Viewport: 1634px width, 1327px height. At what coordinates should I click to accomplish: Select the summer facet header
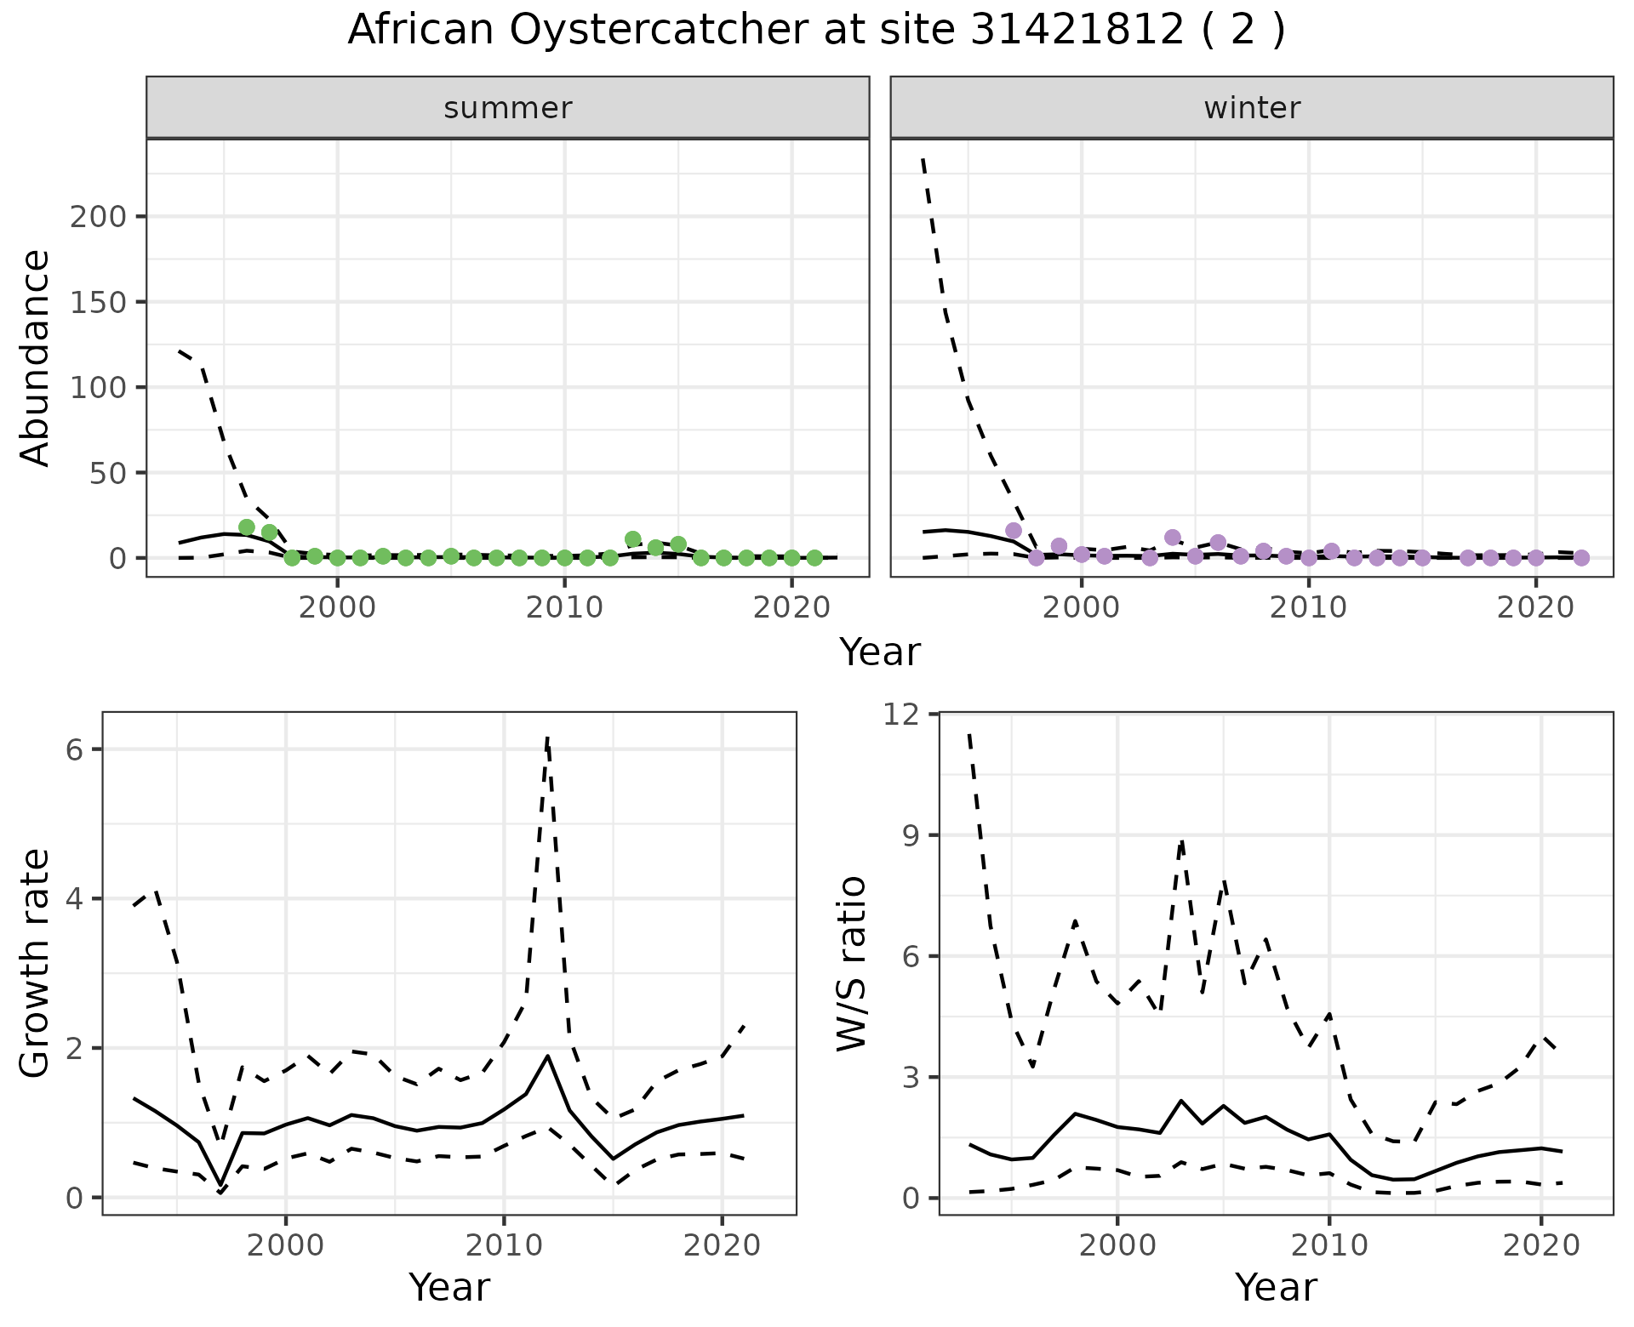pos(507,108)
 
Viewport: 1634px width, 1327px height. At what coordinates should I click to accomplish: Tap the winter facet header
pos(1251,108)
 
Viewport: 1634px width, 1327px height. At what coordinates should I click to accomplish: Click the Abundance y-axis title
pos(36,357)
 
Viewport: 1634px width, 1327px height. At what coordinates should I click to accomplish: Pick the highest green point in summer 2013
pos(632,539)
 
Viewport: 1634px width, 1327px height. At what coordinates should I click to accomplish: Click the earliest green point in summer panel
pos(247,527)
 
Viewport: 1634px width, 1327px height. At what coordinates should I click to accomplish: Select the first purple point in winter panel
pos(1014,531)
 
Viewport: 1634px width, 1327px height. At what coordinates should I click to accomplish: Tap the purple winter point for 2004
pos(1173,538)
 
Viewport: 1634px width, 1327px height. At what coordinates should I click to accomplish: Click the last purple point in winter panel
pos(1581,558)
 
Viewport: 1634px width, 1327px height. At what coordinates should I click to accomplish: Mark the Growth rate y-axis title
pos(36,964)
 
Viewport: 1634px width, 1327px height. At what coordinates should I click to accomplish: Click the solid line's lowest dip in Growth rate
pos(220,1184)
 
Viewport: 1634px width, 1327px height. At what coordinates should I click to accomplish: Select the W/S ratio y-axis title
pos(851,964)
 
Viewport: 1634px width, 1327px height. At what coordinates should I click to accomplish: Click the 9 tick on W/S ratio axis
pos(914,835)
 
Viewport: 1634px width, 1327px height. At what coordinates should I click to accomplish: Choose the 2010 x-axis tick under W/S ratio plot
pos(1328,1246)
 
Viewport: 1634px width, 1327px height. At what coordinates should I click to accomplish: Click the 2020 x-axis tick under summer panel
pos(792,608)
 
